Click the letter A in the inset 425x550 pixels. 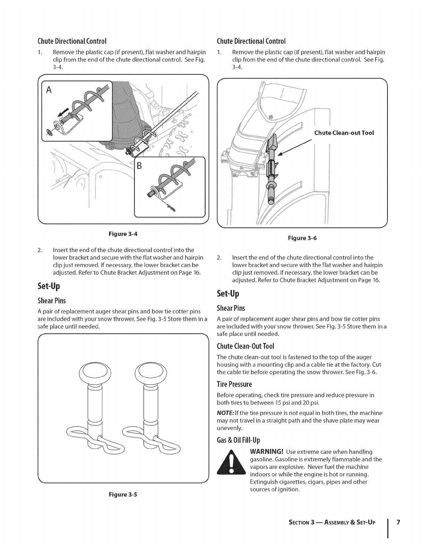click(49, 90)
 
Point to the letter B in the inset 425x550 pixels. click(140, 165)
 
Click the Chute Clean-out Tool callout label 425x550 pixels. click(344, 133)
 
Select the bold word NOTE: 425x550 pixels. click(225, 413)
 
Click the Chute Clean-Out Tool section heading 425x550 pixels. click(245, 346)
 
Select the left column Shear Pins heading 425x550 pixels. click(51, 300)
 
